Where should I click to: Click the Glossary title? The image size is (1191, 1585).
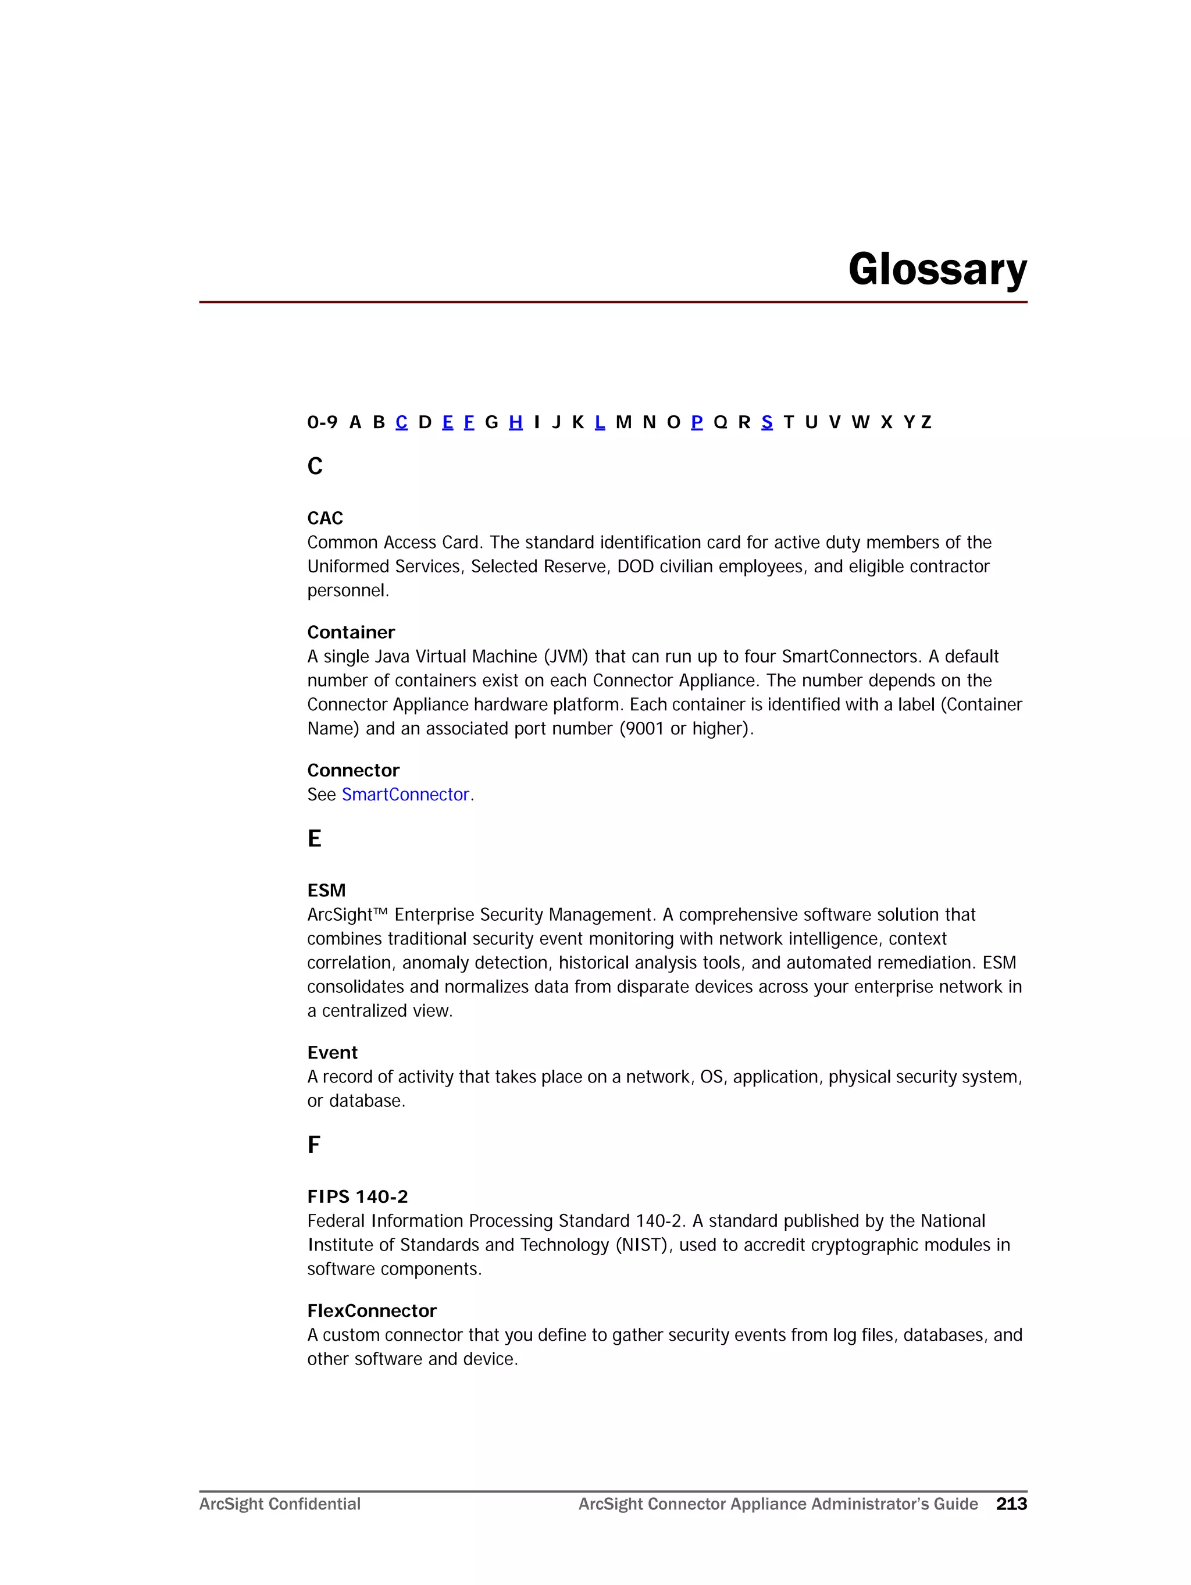[x=937, y=269]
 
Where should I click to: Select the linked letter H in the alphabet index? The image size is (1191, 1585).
[x=515, y=422]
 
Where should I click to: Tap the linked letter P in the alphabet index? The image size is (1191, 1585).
[x=696, y=422]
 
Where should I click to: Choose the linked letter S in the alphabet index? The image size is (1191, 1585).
[x=767, y=422]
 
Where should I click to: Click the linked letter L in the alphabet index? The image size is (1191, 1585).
[x=600, y=422]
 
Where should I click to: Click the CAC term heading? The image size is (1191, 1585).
[x=325, y=518]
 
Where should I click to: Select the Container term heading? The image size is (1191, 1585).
[x=351, y=632]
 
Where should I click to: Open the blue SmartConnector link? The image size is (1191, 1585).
[x=405, y=794]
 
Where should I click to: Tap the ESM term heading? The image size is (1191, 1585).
[x=326, y=890]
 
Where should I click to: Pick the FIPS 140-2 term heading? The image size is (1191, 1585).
[x=357, y=1196]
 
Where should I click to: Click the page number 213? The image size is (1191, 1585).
[x=1011, y=1504]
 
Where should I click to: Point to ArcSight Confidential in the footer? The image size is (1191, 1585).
[x=280, y=1504]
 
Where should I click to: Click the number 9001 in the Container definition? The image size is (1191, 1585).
[x=644, y=728]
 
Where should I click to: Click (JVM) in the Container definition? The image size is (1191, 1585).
[x=565, y=656]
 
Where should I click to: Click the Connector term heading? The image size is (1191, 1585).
[x=352, y=770]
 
